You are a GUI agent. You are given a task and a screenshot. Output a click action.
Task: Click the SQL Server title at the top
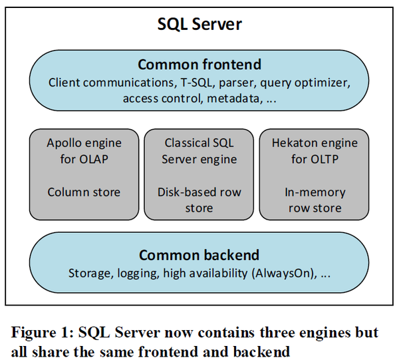[199, 25]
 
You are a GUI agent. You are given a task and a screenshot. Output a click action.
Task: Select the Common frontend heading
[199, 65]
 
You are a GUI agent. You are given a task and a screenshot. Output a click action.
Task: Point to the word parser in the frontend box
[236, 83]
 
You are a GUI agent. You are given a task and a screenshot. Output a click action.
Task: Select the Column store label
[84, 192]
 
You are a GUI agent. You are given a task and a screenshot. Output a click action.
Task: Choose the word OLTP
[325, 159]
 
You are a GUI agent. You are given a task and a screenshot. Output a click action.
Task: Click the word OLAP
[94, 159]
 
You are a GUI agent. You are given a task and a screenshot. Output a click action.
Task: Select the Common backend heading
[199, 255]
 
